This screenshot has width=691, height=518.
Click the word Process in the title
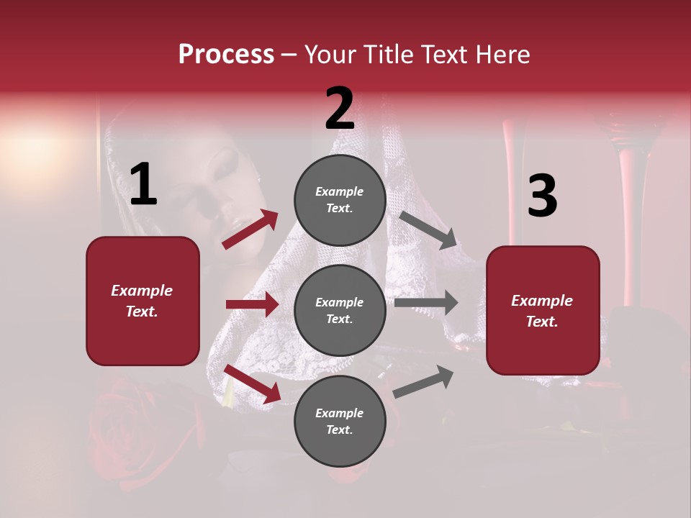coord(226,54)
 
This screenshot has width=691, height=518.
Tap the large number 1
coord(143,184)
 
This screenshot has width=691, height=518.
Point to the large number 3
coord(542,196)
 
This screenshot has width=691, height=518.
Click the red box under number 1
coord(143,301)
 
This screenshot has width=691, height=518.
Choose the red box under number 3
coord(543,310)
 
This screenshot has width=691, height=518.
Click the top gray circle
coord(340,199)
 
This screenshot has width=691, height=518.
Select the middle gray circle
coord(340,310)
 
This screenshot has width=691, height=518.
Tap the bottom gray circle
coord(340,421)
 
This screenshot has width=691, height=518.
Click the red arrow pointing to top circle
coord(250,230)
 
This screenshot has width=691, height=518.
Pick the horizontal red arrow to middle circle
coord(252,304)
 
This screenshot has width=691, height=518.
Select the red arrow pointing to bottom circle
coord(252,383)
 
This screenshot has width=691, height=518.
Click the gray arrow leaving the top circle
coord(428,230)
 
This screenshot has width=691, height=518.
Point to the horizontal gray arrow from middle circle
coord(426,302)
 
